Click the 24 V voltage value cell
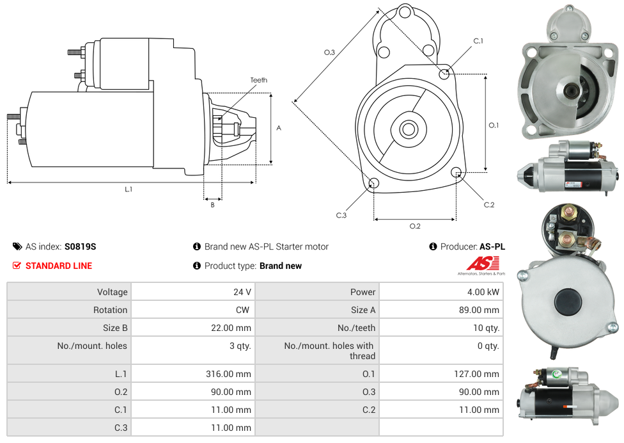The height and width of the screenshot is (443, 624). (242, 292)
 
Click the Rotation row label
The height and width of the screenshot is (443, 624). (110, 310)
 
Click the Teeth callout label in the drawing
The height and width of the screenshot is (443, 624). (259, 80)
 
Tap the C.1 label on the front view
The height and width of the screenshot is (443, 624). (478, 41)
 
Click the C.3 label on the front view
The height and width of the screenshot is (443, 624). (341, 215)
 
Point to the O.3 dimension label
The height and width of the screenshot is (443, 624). (329, 52)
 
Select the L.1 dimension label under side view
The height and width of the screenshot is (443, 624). (129, 189)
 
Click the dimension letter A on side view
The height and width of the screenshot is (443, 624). (279, 128)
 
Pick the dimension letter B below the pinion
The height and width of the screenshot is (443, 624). (212, 205)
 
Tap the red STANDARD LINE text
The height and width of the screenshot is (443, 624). (59, 266)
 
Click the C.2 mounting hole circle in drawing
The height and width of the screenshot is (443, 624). (456, 172)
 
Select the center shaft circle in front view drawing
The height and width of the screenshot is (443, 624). (408, 129)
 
